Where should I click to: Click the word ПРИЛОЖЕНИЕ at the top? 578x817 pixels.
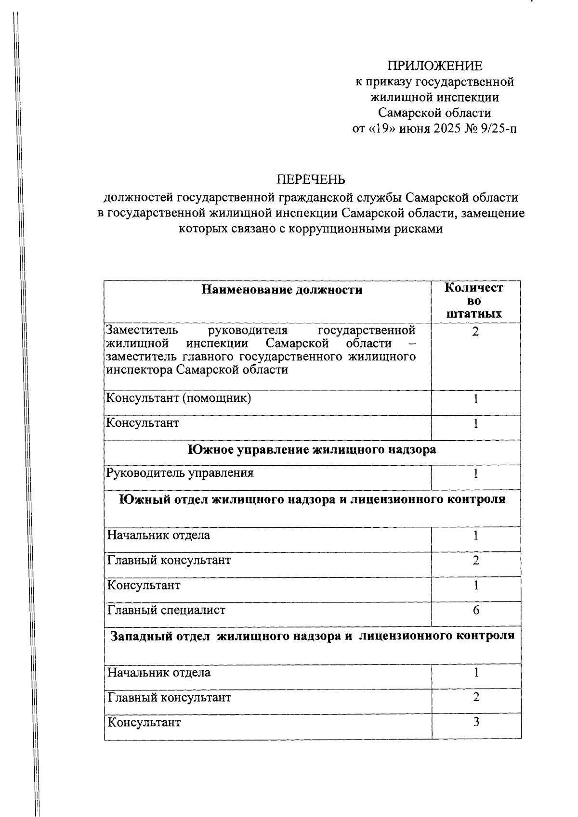pyautogui.click(x=434, y=66)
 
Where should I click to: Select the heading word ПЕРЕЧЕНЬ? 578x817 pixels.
pyautogui.click(x=311, y=179)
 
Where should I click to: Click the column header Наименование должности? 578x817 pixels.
pyautogui.click(x=282, y=290)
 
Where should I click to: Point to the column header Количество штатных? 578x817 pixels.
pyautogui.click(x=474, y=301)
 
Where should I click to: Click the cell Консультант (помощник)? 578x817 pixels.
pyautogui.click(x=178, y=398)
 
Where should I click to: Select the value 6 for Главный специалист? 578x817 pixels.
pyautogui.click(x=476, y=610)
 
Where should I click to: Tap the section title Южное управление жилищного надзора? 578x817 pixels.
pyautogui.click(x=312, y=449)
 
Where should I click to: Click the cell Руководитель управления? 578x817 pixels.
pyautogui.click(x=180, y=473)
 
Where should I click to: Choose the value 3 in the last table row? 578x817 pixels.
pyautogui.click(x=476, y=722)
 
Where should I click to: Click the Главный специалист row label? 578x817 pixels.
pyautogui.click(x=166, y=610)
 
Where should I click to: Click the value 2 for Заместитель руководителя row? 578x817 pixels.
pyautogui.click(x=475, y=332)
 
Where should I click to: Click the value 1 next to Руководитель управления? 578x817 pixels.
pyautogui.click(x=476, y=474)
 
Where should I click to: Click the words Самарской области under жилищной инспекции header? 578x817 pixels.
pyautogui.click(x=434, y=113)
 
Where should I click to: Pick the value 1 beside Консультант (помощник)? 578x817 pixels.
pyautogui.click(x=476, y=399)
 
